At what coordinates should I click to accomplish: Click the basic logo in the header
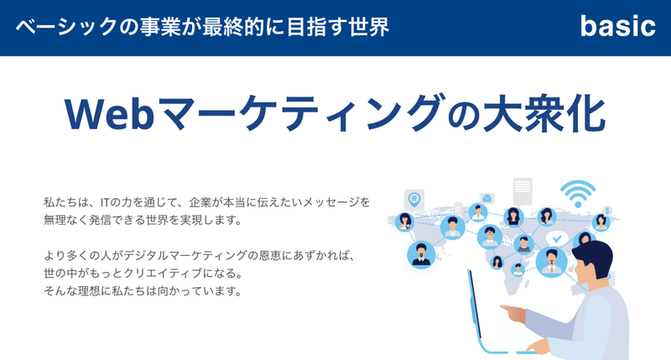click(x=617, y=26)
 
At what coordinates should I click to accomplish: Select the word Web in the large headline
click(x=109, y=114)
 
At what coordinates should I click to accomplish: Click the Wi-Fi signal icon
click(x=578, y=194)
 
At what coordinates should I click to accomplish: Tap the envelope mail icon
click(x=487, y=198)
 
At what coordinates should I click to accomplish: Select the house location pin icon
click(x=414, y=199)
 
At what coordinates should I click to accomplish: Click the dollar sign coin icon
click(x=606, y=211)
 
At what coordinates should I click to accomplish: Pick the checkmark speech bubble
click(x=557, y=238)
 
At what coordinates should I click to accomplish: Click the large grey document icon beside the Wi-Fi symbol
click(x=523, y=191)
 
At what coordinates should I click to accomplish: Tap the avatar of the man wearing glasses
click(x=490, y=237)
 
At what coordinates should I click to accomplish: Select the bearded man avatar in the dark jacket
click(x=421, y=255)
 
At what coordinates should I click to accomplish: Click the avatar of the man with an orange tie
click(x=551, y=262)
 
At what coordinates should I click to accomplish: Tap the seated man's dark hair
click(x=594, y=257)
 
